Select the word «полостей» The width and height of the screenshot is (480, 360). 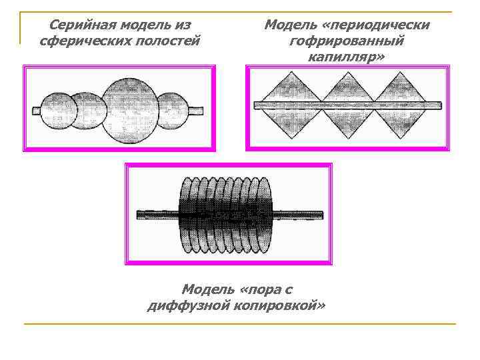click(x=167, y=41)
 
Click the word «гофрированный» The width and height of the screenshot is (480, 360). click(x=347, y=41)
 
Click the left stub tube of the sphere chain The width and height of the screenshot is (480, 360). click(x=37, y=109)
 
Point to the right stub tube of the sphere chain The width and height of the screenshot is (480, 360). click(x=196, y=108)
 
